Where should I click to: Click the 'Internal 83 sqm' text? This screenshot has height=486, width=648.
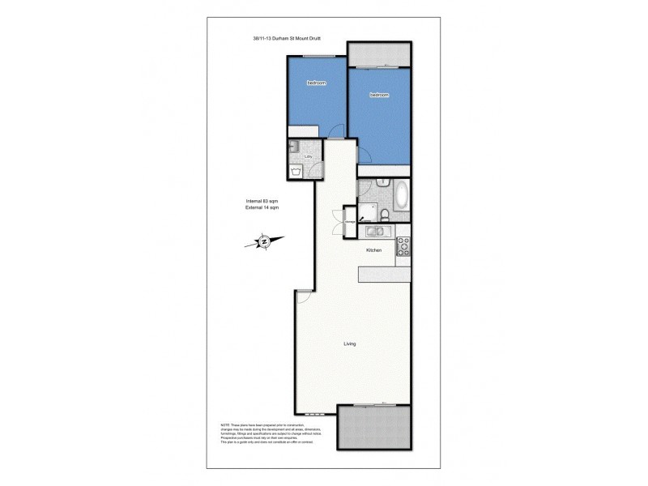262,202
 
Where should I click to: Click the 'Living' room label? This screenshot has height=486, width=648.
349,343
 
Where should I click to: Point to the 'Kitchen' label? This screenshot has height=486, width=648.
373,250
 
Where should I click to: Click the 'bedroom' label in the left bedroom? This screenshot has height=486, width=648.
315,83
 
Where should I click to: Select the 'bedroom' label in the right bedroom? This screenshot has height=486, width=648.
379,95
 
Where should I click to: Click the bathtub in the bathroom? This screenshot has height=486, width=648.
401,198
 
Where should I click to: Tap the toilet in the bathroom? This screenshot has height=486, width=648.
386,214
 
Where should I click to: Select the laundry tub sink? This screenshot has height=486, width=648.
296,147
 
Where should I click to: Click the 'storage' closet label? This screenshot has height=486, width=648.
351,221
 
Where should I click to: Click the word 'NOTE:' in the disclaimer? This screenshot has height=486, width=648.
225,425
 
